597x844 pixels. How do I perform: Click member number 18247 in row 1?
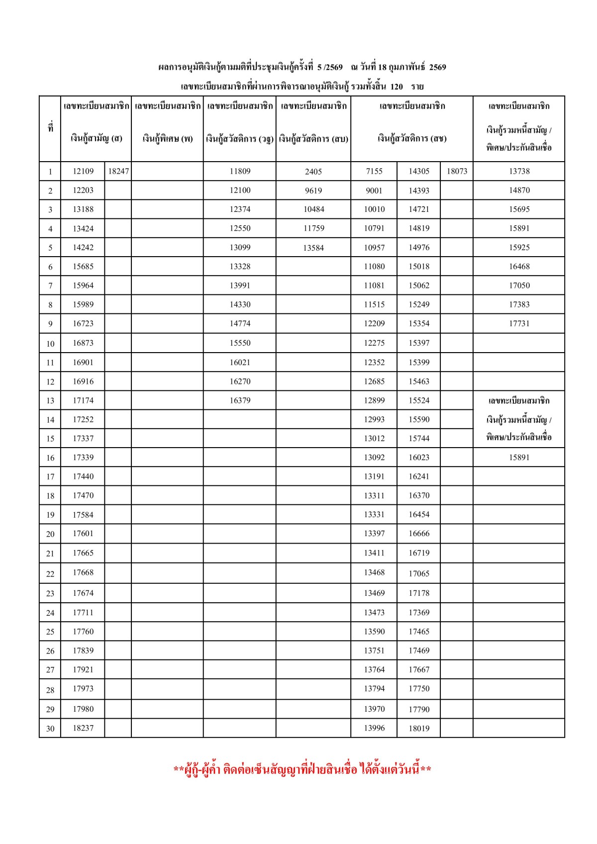tap(118, 171)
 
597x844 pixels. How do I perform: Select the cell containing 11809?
tap(240, 171)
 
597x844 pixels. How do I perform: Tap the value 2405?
tap(313, 172)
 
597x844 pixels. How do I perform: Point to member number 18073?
tap(457, 171)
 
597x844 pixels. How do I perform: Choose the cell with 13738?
tap(519, 171)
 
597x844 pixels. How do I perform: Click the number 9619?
tap(313, 190)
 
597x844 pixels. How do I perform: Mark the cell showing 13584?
tap(313, 248)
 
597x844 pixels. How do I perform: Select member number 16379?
tap(240, 400)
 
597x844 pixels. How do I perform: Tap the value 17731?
tap(519, 323)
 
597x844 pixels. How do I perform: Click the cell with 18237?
tap(83, 728)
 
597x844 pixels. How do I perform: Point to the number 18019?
tap(419, 729)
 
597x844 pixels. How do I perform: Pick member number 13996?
tap(374, 728)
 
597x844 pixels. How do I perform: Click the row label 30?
tap(50, 729)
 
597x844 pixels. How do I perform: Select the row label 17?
tap(50, 476)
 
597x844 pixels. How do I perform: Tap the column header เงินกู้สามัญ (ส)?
tap(96, 138)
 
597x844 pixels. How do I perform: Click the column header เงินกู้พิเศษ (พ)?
tap(168, 138)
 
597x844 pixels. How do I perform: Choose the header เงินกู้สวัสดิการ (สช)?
tap(412, 138)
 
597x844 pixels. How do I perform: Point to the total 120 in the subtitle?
tap(397, 87)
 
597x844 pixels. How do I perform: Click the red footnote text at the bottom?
tap(302, 770)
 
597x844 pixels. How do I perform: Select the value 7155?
tap(374, 171)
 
